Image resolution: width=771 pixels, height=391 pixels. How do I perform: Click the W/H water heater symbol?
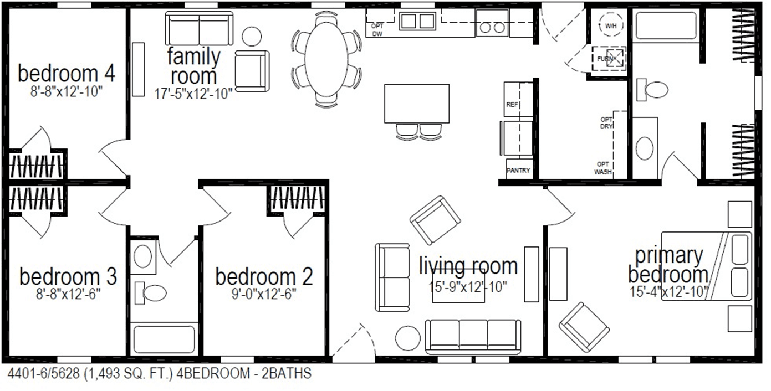[x=610, y=26]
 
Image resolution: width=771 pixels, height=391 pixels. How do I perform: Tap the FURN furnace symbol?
[x=609, y=58]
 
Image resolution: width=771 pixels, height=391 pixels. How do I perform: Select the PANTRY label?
[x=519, y=171]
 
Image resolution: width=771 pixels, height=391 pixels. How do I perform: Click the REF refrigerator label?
[x=511, y=105]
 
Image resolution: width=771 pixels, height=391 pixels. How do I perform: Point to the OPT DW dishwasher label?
[x=377, y=30]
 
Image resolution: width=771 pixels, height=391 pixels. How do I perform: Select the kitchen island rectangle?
[x=416, y=103]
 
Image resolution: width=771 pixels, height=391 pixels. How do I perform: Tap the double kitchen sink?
[x=417, y=22]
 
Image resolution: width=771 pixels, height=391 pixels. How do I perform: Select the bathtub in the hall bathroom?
[x=164, y=339]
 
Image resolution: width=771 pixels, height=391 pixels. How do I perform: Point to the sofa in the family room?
[x=200, y=28]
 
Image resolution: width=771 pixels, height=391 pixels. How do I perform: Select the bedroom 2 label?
[x=264, y=276]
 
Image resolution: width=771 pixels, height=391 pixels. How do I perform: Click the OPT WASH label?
[x=603, y=168]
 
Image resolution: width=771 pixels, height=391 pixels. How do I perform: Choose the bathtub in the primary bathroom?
[x=666, y=25]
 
